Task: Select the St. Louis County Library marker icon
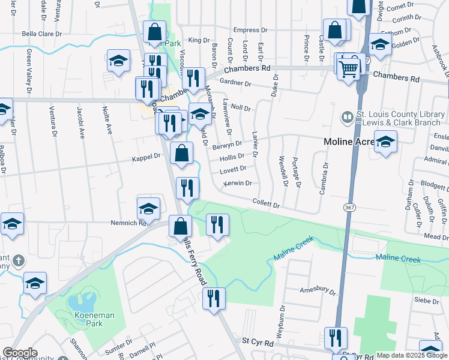[347, 117]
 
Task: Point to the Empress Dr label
[250, 30]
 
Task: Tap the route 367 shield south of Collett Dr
[350, 207]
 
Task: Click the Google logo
[20, 353]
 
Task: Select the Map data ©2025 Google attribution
[412, 355]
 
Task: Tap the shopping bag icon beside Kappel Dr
[181, 154]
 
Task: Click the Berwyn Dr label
[227, 145]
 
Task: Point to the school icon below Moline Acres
[385, 143]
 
